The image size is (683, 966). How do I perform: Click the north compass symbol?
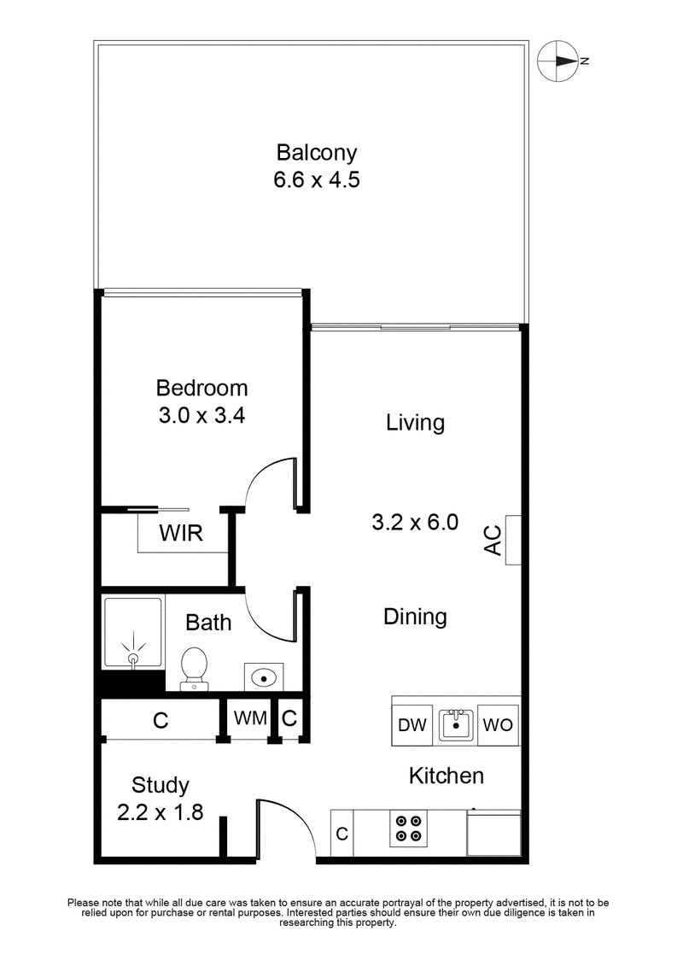pyautogui.click(x=559, y=61)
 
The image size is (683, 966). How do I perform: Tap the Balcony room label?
pyautogui.click(x=316, y=153)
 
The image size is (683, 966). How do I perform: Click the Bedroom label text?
pyautogui.click(x=201, y=388)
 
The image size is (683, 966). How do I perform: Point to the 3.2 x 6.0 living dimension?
pyautogui.click(x=416, y=521)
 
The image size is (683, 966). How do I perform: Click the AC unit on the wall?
pyautogui.click(x=512, y=540)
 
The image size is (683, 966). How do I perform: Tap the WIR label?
pyautogui.click(x=180, y=535)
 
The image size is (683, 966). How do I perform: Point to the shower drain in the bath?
pyautogui.click(x=133, y=659)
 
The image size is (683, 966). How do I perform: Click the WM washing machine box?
pyautogui.click(x=251, y=718)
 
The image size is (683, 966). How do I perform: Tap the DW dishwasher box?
pyautogui.click(x=412, y=725)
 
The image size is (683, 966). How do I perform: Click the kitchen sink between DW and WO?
pyautogui.click(x=455, y=725)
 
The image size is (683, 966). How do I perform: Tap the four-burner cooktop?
pyautogui.click(x=407, y=828)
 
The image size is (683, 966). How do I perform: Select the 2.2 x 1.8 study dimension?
pyautogui.click(x=160, y=811)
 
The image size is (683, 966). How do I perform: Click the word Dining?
pyautogui.click(x=415, y=616)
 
